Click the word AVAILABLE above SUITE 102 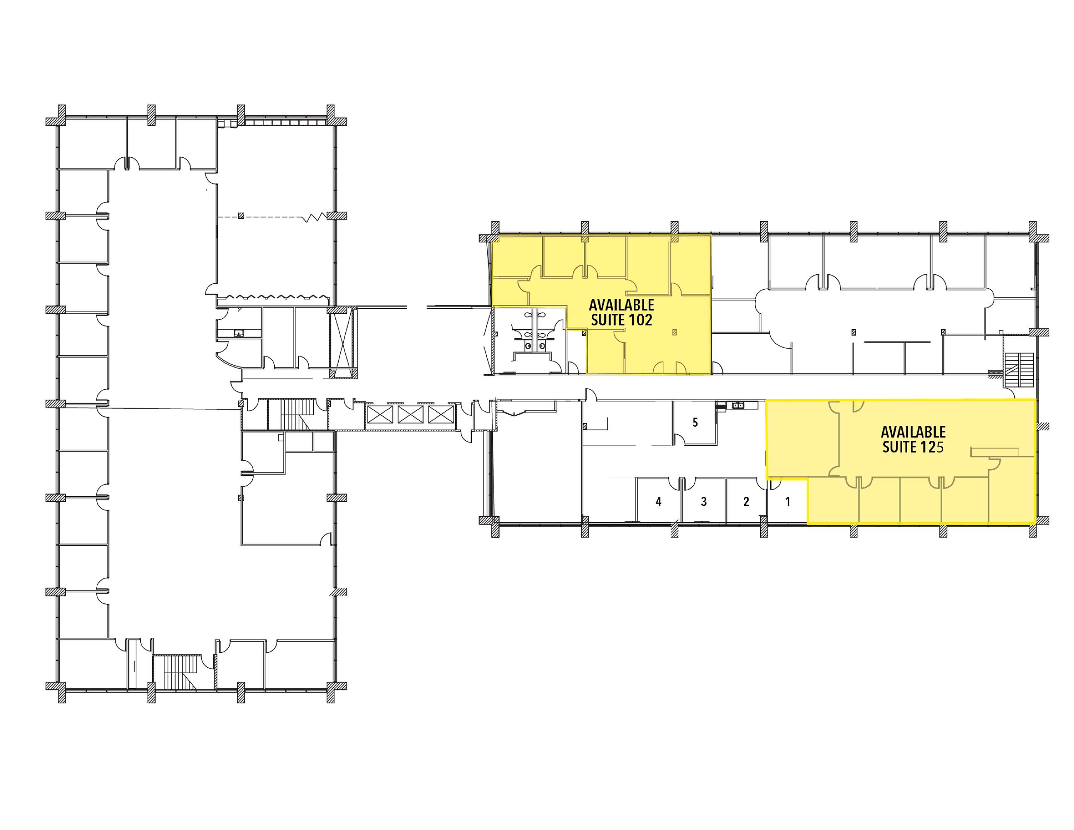[x=622, y=305]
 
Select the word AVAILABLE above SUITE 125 [x=913, y=432]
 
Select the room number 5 [x=695, y=422]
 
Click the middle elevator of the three [x=410, y=414]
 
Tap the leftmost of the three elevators [x=380, y=414]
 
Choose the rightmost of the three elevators [x=441, y=414]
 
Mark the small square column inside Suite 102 [x=675, y=332]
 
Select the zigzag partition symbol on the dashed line [x=314, y=217]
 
